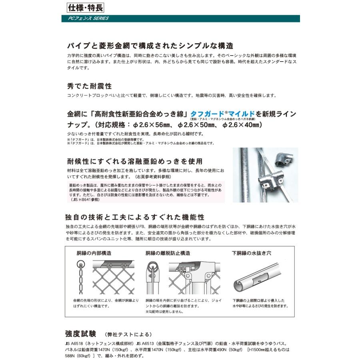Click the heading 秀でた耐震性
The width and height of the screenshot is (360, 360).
[x=89, y=86]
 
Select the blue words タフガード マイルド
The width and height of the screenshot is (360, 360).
[x=223, y=114]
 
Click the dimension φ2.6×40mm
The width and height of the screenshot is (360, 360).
[x=242, y=125]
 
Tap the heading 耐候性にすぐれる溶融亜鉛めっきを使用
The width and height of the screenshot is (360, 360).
[x=135, y=161]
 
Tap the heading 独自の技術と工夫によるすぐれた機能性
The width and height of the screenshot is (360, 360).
[x=135, y=217]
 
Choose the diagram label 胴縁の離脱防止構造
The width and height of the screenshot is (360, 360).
[x=168, y=253]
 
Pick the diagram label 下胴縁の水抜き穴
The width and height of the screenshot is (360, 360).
[x=252, y=253]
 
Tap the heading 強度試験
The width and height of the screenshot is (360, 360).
[x=80, y=334]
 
